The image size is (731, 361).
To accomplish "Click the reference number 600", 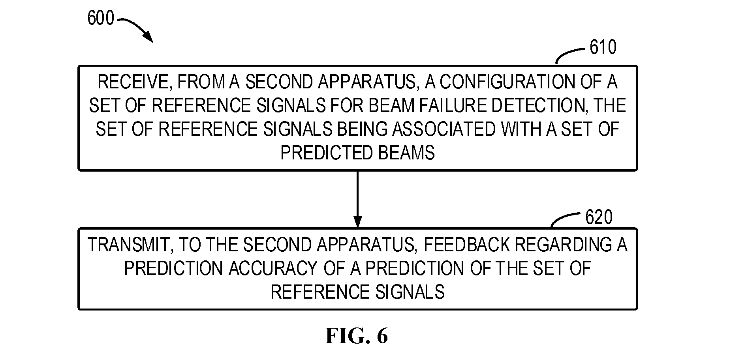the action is [100, 18].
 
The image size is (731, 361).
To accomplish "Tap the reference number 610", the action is [603, 47].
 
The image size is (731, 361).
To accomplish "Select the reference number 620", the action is [599, 217].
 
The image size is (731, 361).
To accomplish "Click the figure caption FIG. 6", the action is [357, 336].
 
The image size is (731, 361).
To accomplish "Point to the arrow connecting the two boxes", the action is [357, 199].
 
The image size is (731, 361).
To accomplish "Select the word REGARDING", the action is [561, 245].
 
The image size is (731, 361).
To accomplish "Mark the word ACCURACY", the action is [273, 269].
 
